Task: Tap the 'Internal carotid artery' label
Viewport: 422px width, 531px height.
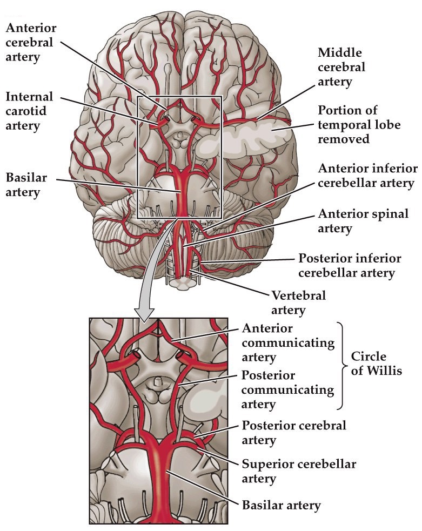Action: (x=30, y=111)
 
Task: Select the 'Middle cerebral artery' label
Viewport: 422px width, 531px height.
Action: (x=341, y=68)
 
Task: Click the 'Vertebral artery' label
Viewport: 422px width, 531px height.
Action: (x=299, y=303)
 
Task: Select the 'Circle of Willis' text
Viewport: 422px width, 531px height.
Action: (x=377, y=364)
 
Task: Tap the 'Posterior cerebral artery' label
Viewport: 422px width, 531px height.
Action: (x=294, y=433)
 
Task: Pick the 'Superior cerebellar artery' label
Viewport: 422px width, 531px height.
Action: (x=299, y=471)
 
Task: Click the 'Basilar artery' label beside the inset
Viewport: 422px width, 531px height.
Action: (x=281, y=506)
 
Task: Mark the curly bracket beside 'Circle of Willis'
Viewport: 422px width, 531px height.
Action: (x=340, y=365)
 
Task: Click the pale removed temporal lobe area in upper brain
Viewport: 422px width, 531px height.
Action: (x=243, y=142)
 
